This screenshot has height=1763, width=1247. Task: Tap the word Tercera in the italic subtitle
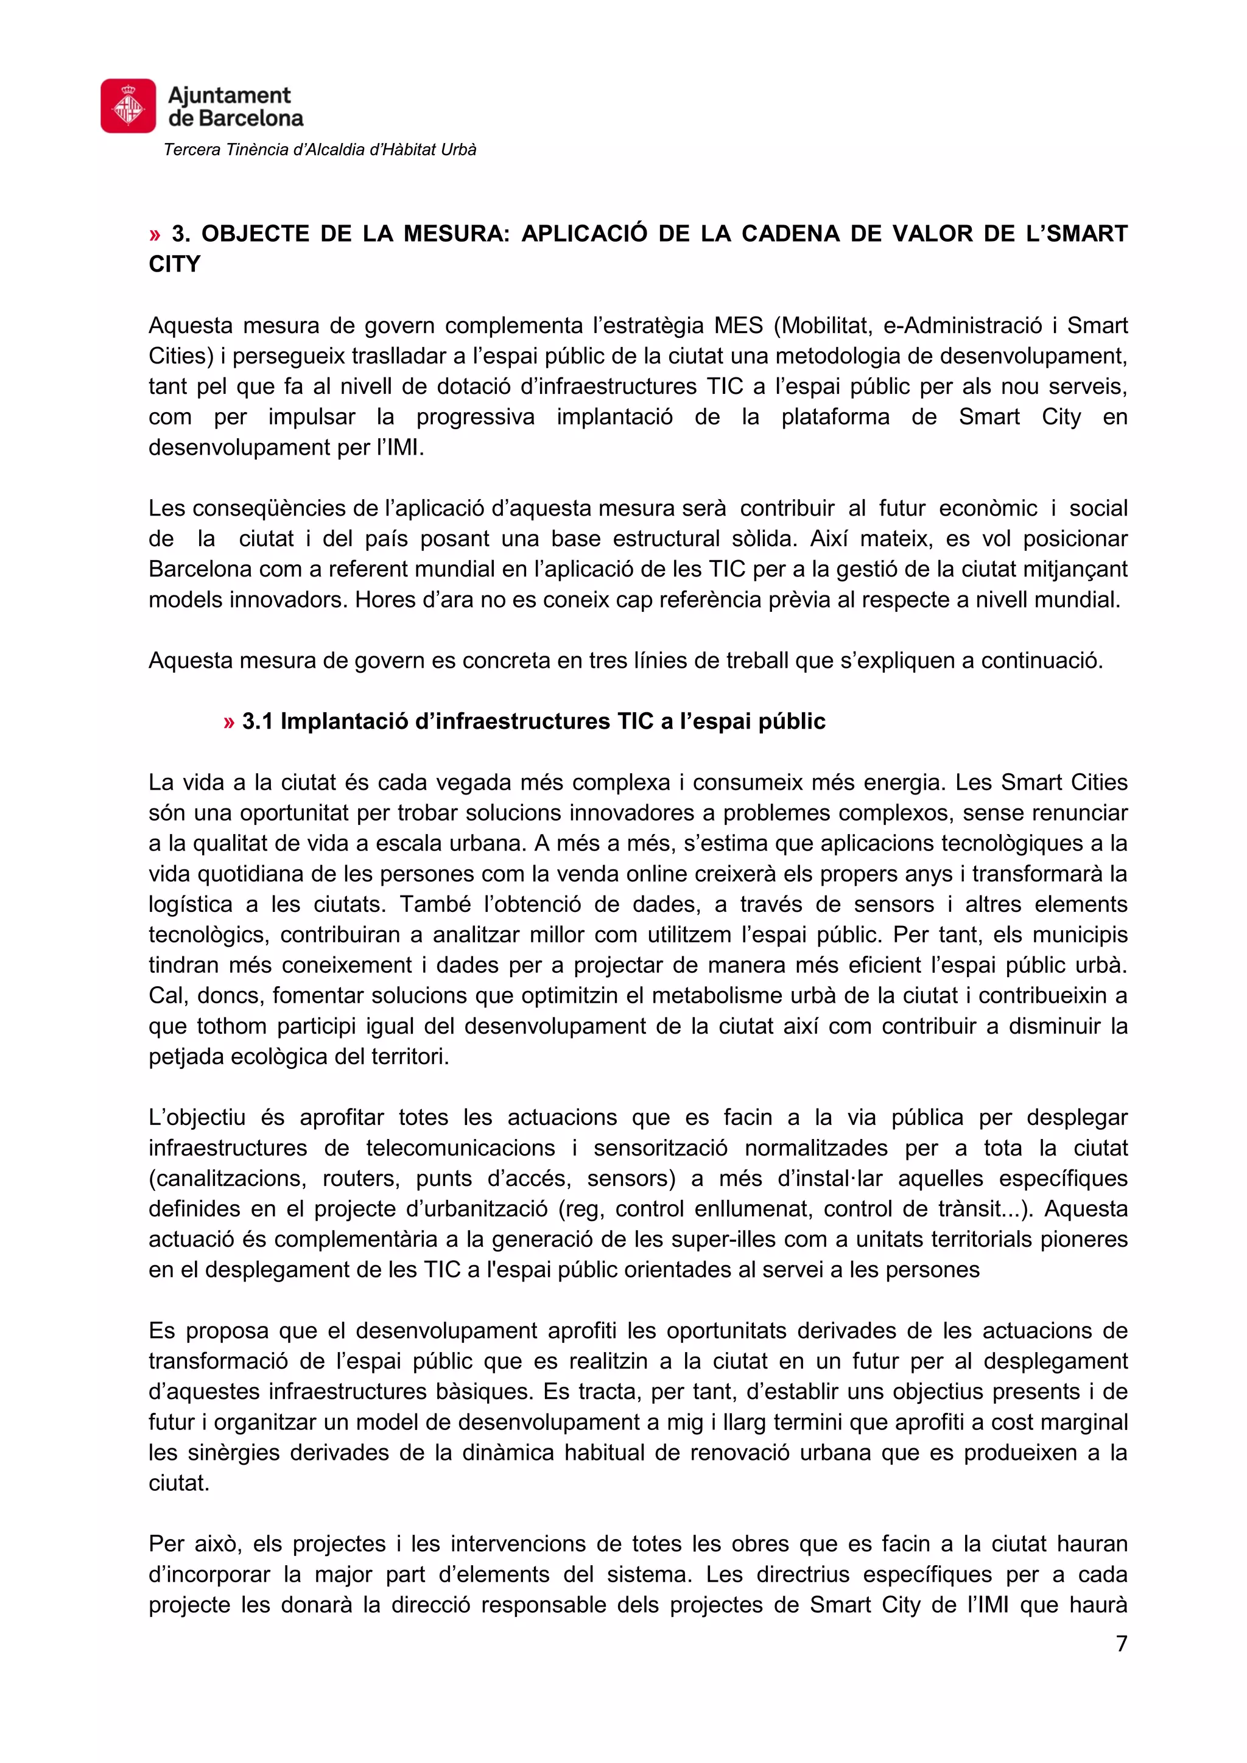(x=192, y=150)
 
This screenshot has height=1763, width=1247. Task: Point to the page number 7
(x=1121, y=1643)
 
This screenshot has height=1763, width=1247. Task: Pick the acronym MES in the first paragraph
(x=739, y=326)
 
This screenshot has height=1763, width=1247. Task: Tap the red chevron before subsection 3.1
(x=229, y=722)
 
